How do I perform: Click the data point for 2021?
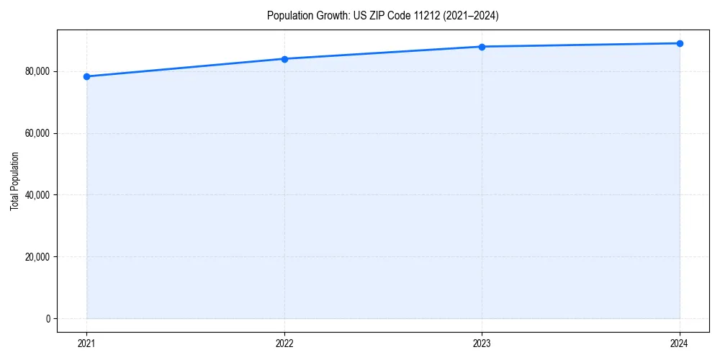86,76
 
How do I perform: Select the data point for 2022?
284,59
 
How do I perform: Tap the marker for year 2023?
482,47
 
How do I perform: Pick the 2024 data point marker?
680,43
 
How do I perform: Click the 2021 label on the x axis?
86,343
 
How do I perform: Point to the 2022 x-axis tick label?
284,343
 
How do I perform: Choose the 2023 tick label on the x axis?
482,343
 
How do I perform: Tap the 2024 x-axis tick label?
680,343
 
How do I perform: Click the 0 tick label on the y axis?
47,318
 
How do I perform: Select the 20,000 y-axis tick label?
37,257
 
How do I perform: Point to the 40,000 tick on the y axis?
37,195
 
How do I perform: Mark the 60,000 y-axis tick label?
37,133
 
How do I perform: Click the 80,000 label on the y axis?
37,71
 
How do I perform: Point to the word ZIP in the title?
377,15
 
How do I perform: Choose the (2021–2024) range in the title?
472,15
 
